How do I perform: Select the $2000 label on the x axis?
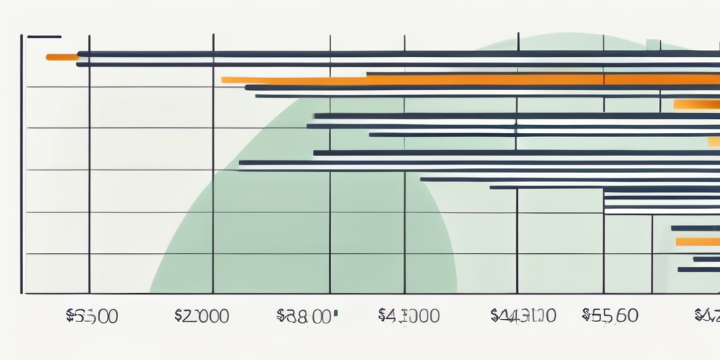click(201, 316)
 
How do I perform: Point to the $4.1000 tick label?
click(409, 316)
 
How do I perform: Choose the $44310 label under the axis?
click(522, 316)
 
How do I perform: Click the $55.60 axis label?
click(610, 316)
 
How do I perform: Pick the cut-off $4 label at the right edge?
click(707, 316)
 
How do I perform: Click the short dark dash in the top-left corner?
click(44, 36)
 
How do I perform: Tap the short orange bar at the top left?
click(62, 56)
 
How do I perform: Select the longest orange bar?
click(464, 80)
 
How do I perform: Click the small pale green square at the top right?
click(652, 44)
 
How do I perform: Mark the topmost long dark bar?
click(394, 53)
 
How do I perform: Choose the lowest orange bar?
click(697, 242)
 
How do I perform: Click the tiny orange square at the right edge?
click(714, 141)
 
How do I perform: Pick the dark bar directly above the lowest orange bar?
click(695, 228)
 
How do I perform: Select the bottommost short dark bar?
click(697, 269)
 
